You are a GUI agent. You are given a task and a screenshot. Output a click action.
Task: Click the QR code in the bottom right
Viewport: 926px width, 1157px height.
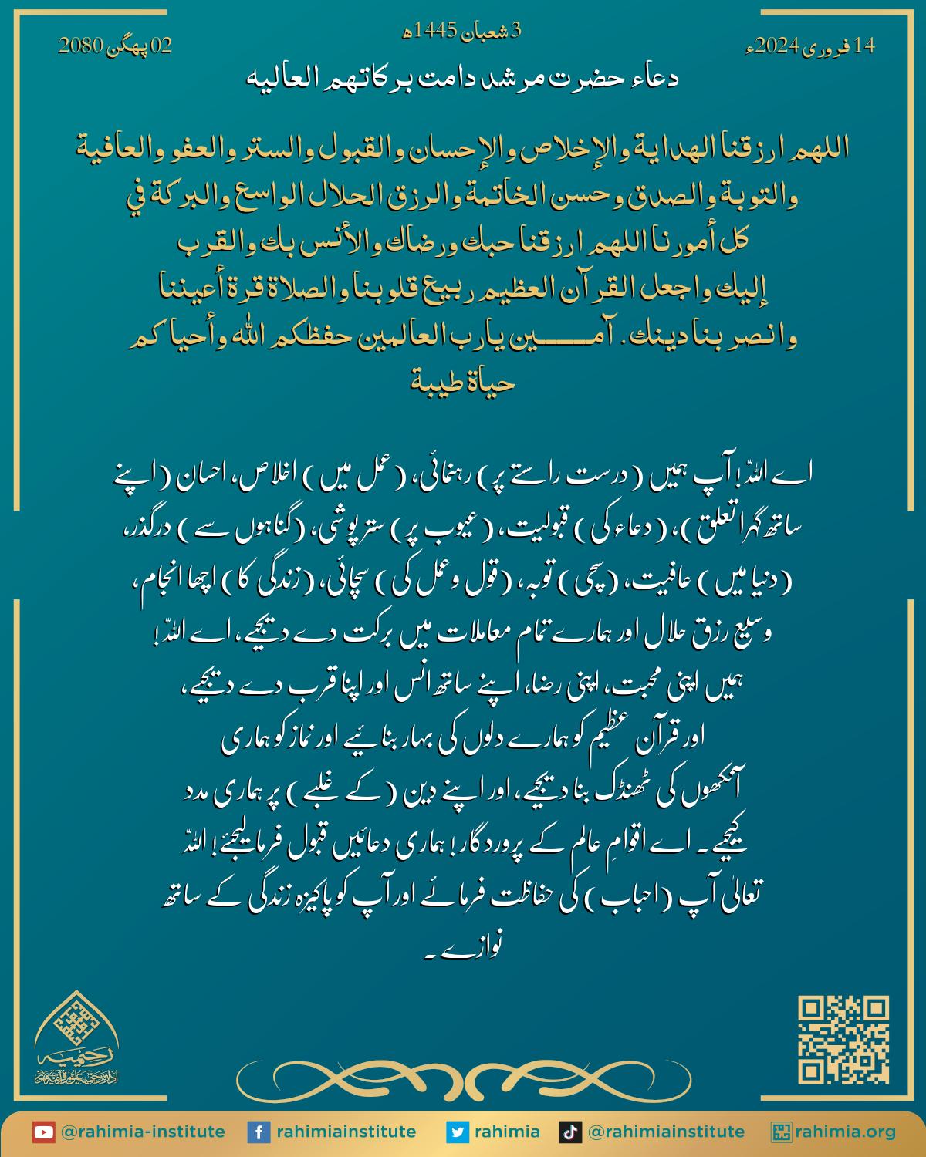pos(843,1040)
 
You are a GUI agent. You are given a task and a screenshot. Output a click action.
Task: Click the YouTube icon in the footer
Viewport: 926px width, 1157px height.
pos(43,1132)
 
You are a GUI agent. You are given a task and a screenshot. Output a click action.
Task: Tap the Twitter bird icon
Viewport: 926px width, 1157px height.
pos(458,1132)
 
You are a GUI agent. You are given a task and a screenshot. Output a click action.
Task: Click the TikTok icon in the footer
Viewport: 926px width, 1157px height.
pos(569,1132)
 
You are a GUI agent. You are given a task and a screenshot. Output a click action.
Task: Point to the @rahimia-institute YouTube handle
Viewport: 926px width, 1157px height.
pos(143,1132)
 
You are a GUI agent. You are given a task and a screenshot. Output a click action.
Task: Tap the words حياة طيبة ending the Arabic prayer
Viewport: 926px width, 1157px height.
pos(462,382)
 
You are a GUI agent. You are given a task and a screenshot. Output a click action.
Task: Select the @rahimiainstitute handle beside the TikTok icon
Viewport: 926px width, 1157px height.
pos(666,1132)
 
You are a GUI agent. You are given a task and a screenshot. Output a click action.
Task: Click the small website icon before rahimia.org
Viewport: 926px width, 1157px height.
pos(782,1132)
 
